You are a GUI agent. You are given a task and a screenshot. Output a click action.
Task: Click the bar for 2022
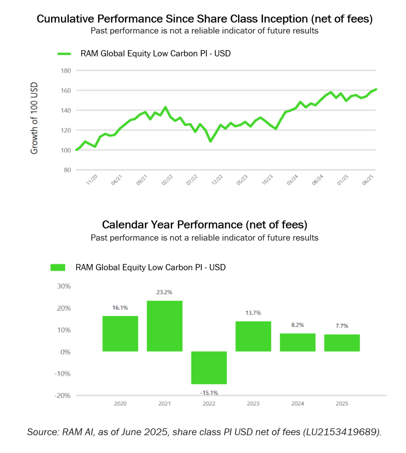pyautogui.click(x=209, y=368)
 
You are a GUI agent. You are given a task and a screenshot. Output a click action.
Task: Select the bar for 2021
pyautogui.click(x=164, y=326)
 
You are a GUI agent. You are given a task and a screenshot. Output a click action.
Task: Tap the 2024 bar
pyautogui.click(x=297, y=342)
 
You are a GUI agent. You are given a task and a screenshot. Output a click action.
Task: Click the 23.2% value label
pyautogui.click(x=164, y=292)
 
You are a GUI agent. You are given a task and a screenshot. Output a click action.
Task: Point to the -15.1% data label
pyautogui.click(x=209, y=393)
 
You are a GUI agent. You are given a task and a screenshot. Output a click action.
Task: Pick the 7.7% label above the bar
pyautogui.click(x=342, y=326)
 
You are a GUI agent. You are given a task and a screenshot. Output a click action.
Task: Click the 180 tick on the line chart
pyautogui.click(x=66, y=71)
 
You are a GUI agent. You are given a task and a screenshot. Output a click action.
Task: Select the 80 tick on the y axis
pyautogui.click(x=67, y=170)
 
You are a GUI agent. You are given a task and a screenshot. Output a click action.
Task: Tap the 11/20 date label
pyautogui.click(x=92, y=180)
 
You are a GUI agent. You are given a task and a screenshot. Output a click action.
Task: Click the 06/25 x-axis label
pyautogui.click(x=368, y=180)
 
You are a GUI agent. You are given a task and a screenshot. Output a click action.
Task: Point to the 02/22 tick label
pyautogui.click(x=167, y=180)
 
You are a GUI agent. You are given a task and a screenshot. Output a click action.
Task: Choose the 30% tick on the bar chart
pyautogui.click(x=64, y=286)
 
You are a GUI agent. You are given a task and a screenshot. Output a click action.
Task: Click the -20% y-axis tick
pyautogui.click(x=63, y=396)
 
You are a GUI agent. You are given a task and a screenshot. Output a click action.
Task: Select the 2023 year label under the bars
pyautogui.click(x=253, y=404)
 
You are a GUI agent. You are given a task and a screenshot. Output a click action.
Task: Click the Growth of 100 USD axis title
pyautogui.click(x=34, y=118)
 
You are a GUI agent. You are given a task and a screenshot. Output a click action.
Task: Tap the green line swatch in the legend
pyautogui.click(x=64, y=54)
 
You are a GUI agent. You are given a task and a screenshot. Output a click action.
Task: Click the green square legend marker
pyautogui.click(x=58, y=268)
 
